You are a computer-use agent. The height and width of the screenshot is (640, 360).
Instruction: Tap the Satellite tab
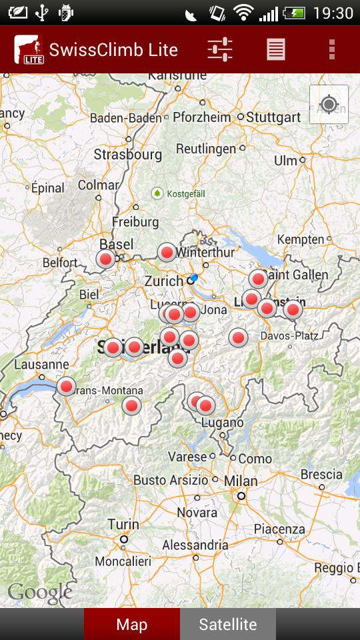click(227, 625)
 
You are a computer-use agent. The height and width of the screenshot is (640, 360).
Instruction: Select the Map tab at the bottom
click(131, 625)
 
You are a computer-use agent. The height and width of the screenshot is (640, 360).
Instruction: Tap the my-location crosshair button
click(329, 105)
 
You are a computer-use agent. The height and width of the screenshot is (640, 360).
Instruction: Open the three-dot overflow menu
click(331, 49)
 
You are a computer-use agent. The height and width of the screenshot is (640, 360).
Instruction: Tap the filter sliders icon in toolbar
click(219, 49)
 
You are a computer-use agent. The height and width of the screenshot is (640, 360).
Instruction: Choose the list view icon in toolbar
click(275, 49)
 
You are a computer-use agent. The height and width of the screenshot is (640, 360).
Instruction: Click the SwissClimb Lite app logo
click(29, 50)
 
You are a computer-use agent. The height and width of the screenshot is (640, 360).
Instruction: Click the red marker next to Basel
click(105, 259)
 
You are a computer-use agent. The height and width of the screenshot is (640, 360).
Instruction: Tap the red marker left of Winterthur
click(167, 252)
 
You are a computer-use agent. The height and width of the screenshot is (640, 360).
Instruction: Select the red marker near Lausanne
click(66, 386)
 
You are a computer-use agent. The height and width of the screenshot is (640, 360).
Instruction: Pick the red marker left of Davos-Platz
click(238, 337)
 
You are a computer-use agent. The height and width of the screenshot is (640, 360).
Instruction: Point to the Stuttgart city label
click(273, 117)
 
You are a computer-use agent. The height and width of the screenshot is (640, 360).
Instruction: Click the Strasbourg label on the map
click(127, 155)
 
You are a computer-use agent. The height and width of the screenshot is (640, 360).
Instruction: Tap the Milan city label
click(241, 481)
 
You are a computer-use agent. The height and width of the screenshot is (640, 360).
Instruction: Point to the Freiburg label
click(135, 221)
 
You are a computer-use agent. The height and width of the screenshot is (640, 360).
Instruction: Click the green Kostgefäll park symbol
click(157, 193)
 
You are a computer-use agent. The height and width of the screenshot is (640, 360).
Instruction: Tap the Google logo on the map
click(40, 592)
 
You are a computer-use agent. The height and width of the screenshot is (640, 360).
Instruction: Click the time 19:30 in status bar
click(332, 13)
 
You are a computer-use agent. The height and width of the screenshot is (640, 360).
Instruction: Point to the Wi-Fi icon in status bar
click(245, 13)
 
